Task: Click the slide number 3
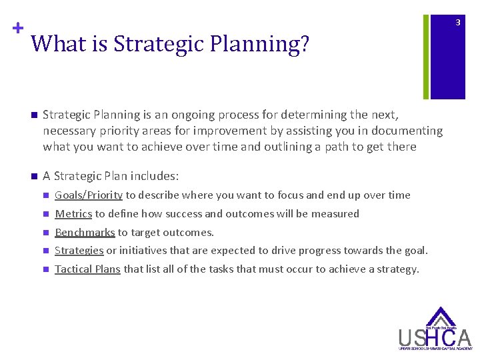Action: (x=457, y=23)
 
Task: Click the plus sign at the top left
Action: (x=16, y=29)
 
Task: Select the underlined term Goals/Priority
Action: (x=88, y=195)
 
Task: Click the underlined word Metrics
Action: (x=73, y=214)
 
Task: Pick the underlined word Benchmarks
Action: (x=85, y=233)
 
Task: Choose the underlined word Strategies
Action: (x=79, y=251)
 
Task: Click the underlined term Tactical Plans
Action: (x=87, y=269)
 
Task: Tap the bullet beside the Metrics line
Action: (x=45, y=215)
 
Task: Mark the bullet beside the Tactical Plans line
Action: (x=45, y=270)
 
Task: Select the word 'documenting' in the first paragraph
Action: (x=409, y=131)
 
